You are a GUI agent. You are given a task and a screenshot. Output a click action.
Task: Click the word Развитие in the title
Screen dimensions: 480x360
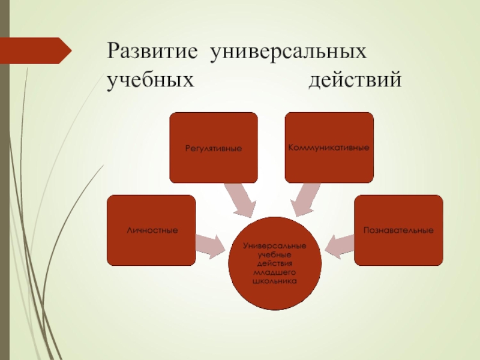tap(152, 52)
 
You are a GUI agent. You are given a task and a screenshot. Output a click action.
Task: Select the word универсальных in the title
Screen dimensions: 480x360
tap(287, 52)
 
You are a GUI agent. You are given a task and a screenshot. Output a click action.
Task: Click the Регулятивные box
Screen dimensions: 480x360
tap(214, 148)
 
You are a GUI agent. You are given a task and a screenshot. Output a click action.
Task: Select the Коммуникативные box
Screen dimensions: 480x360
tap(329, 148)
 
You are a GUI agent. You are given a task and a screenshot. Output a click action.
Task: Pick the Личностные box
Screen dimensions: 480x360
tap(151, 230)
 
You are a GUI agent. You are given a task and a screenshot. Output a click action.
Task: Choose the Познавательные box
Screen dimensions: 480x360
tap(398, 230)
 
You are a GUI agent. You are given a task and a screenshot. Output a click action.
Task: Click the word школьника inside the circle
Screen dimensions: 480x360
tap(275, 280)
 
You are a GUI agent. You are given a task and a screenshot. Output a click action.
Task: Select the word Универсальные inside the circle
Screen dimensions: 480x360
tap(275, 247)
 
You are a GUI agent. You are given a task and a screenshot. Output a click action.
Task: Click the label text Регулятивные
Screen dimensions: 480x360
tap(214, 148)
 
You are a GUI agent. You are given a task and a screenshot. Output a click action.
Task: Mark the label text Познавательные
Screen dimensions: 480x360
tap(398, 230)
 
